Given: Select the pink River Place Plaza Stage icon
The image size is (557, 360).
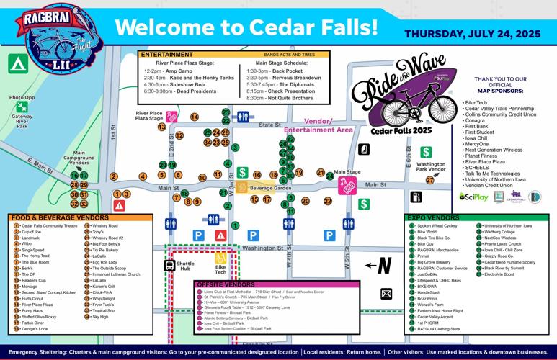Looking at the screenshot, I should point(171,117).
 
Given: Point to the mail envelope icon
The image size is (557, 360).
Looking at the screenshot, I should point(386,294).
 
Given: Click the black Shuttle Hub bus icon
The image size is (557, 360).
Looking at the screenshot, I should point(169,265).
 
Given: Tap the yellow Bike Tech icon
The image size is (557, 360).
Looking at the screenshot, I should point(220,257).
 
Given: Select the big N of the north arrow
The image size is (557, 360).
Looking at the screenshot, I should point(385,266).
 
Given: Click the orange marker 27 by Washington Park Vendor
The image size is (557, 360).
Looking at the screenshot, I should point(429,180).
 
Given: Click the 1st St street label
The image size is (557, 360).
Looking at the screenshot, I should point(113,131).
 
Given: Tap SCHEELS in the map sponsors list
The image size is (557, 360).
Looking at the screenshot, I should point(479,166).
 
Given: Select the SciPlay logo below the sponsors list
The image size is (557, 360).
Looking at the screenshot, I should point(473,197).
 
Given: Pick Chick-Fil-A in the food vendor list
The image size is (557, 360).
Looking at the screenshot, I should point(103,292).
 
